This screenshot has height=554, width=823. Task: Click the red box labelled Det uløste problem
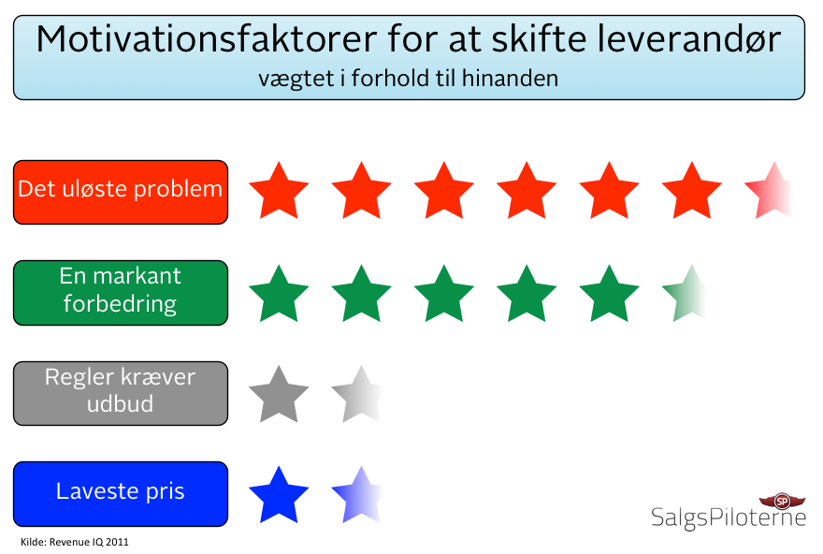121,191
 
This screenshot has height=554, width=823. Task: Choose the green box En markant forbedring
121,292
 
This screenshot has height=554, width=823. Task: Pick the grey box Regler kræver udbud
121,392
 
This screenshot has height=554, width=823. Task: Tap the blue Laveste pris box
121,493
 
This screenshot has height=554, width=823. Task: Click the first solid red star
279,191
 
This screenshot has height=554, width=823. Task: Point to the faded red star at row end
769,191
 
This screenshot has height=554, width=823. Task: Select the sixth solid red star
690,191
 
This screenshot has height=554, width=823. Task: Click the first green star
279,294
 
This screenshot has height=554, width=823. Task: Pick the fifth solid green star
608,294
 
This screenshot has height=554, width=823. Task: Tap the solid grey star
279,394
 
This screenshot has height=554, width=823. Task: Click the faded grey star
358,394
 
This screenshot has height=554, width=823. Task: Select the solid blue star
279,494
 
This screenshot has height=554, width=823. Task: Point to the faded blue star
358,494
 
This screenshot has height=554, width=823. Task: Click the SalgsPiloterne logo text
728,518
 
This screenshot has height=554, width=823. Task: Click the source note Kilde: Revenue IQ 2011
74,542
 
